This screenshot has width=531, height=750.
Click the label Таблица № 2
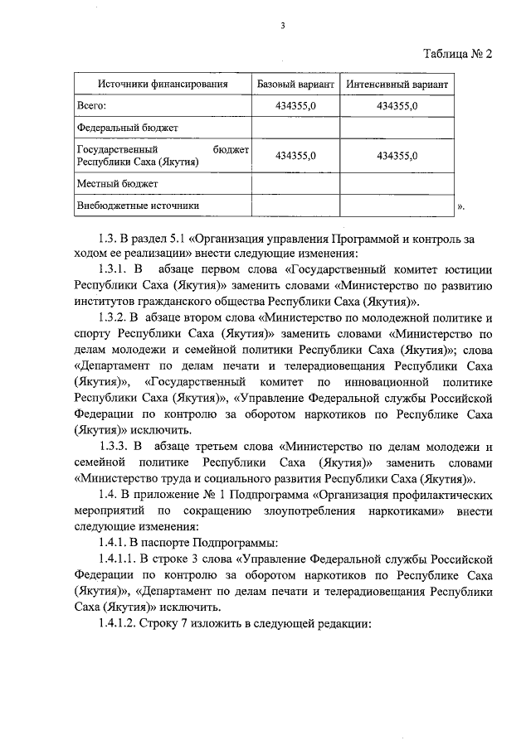click(458, 55)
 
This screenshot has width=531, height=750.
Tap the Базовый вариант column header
click(295, 85)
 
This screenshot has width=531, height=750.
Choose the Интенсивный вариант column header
click(397, 85)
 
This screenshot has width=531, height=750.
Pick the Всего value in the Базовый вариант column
click(295, 106)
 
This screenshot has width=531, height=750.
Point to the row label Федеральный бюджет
click(127, 128)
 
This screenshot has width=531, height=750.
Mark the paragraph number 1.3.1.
click(114, 269)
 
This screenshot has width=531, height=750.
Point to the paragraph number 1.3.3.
click(114, 447)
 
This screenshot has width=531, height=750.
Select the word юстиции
click(470, 269)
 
